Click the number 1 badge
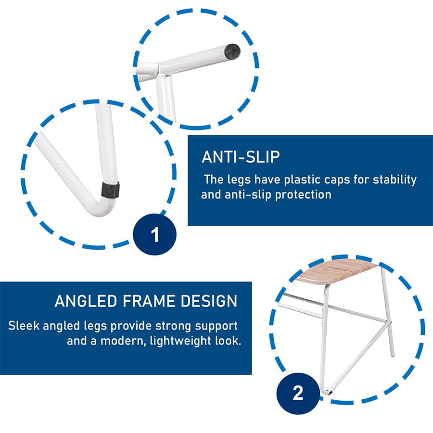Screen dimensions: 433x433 coord(154,234)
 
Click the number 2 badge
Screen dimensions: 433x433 coord(298,393)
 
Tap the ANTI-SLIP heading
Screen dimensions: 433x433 coord(241,157)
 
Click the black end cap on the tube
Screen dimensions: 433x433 coord(232,51)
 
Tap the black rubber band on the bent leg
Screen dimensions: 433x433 coord(110,190)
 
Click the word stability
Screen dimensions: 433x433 coord(395,180)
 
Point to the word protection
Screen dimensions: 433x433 coord(303,195)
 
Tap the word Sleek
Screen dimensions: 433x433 coord(24,326)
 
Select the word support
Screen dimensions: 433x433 coord(216,326)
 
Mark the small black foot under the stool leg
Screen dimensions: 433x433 coord(329,391)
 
